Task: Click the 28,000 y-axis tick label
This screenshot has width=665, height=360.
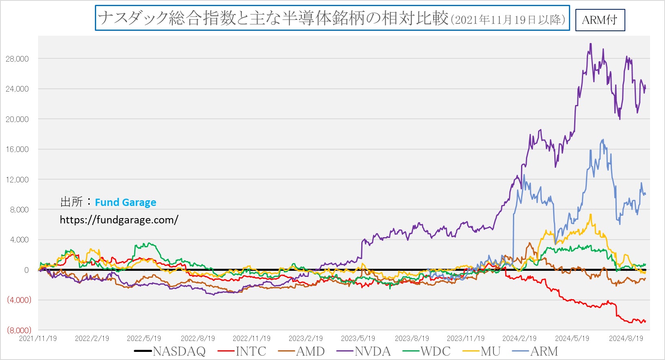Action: (x=17, y=59)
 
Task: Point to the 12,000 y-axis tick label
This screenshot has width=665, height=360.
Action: (x=17, y=180)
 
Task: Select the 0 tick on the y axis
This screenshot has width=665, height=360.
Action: (x=26, y=270)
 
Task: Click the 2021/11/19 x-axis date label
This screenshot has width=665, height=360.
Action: (x=38, y=339)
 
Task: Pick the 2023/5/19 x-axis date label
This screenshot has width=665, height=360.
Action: (x=358, y=339)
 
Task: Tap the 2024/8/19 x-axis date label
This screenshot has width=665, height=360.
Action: (x=626, y=339)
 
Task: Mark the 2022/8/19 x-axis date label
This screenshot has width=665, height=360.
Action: (x=198, y=339)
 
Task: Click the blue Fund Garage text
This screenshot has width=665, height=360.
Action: (x=125, y=202)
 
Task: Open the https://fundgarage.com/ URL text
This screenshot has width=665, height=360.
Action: (x=119, y=220)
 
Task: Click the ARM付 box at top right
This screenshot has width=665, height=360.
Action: (x=600, y=20)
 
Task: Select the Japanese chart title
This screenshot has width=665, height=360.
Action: (x=332, y=18)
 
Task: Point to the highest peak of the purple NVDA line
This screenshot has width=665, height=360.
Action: (x=590, y=44)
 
